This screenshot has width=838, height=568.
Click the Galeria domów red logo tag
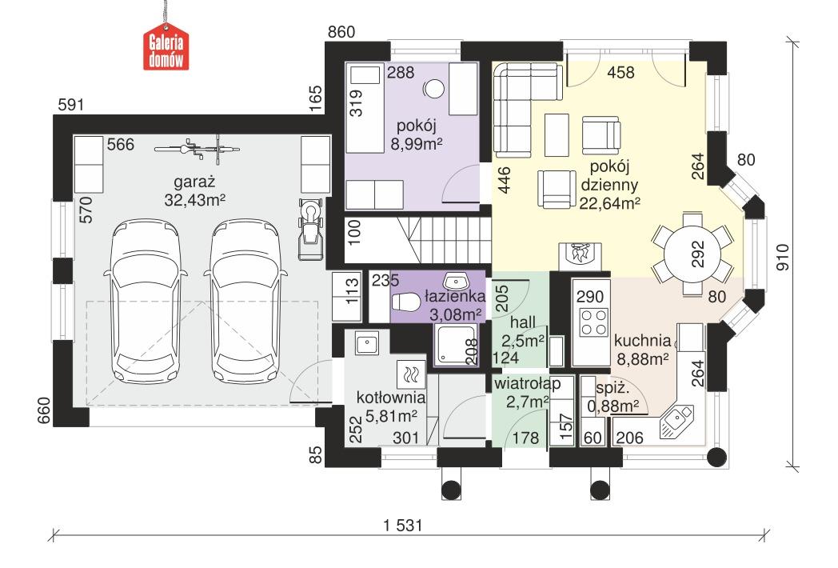coord(166,48)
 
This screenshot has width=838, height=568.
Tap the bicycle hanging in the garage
coord(194,150)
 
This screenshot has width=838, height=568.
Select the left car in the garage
coord(146,301)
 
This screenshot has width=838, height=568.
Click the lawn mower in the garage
coord(310,229)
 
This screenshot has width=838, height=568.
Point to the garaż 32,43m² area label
coord(194,190)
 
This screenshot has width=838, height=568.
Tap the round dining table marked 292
coord(692,254)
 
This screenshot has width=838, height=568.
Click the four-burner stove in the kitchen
coord(594,322)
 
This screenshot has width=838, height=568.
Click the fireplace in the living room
coord(580,257)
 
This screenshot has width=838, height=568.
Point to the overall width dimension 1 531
coord(403,526)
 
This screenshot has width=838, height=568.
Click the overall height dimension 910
coord(782,258)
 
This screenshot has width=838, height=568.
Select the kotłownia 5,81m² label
coord(391,406)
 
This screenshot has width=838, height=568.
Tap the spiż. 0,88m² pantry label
coord(613,398)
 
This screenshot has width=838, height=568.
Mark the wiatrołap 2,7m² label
coord(527,393)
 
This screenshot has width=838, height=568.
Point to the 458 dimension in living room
coord(621,72)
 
